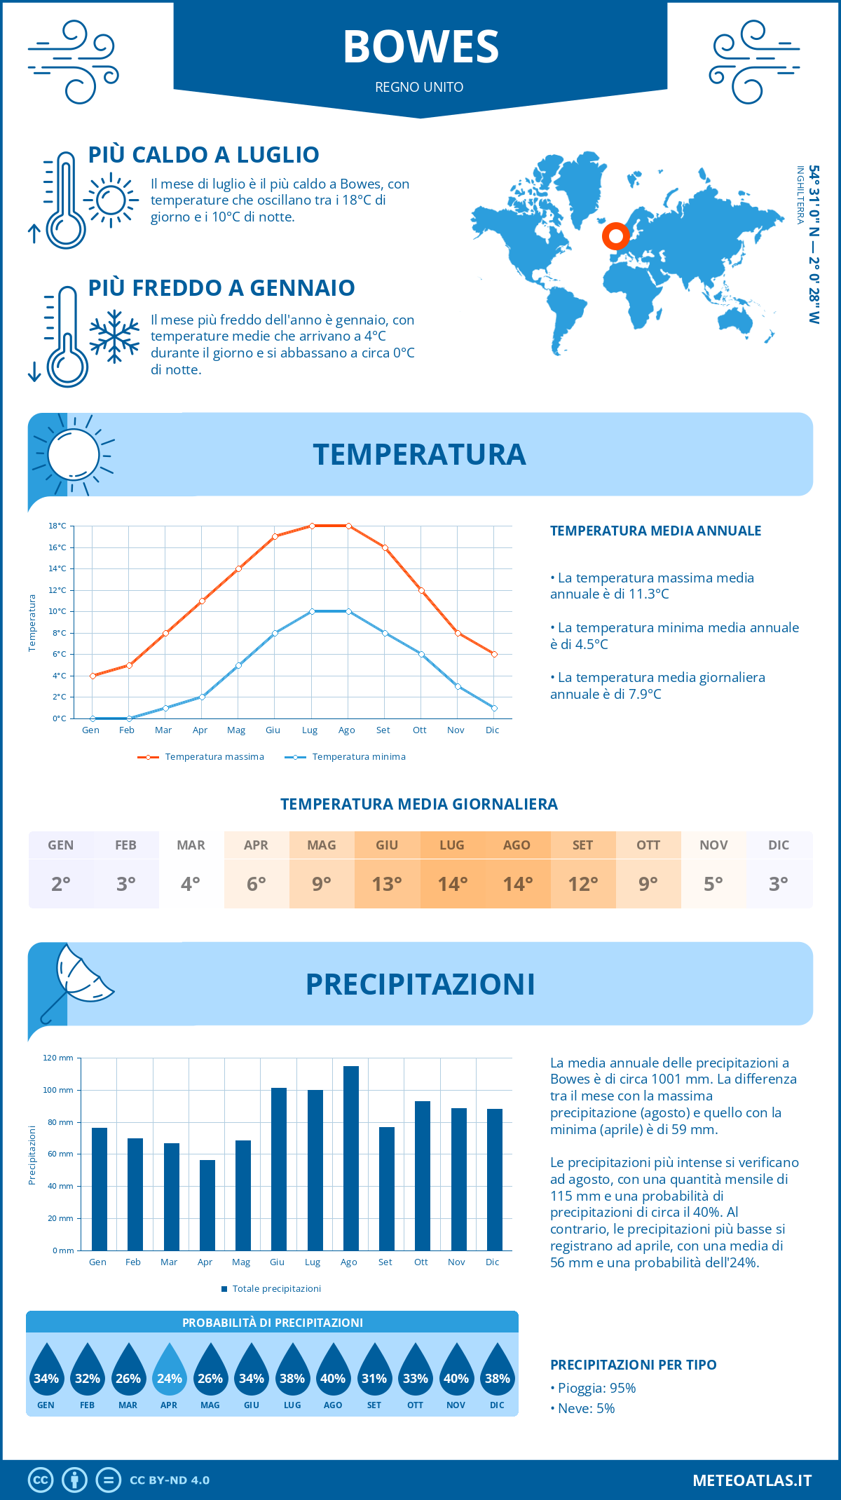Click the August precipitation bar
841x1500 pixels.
pos(350,1158)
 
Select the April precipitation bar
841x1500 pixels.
pos(207,1205)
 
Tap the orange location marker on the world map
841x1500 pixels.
pos(616,236)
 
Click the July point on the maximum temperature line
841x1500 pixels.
pos(312,526)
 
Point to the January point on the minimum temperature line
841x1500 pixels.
pos(93,718)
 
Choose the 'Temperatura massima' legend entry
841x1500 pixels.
pos(202,757)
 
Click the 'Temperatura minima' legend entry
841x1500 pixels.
pos(346,757)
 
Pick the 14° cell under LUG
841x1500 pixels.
pos(452,884)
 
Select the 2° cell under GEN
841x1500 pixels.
pos(61,884)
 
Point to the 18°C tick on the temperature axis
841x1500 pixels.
pos(58,526)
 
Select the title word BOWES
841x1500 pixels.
pos(420,47)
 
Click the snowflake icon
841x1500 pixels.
pos(114,336)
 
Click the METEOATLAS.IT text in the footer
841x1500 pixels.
pos(752,1480)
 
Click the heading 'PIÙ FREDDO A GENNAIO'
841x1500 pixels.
pos(221,288)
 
